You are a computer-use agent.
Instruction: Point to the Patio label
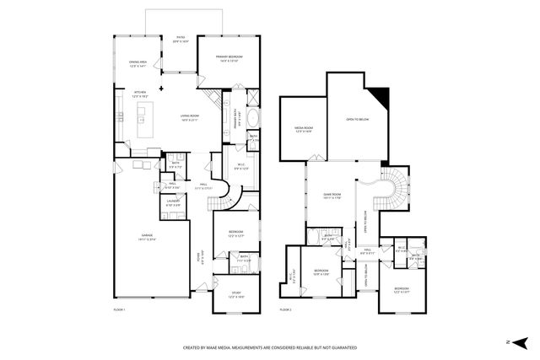180,39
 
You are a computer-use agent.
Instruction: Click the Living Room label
189,117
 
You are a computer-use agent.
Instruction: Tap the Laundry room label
172,202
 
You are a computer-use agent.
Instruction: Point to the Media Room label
303,130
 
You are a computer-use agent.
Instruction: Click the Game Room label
331,196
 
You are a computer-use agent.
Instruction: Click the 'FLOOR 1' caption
119,310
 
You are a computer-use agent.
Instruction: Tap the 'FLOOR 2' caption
286,310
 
